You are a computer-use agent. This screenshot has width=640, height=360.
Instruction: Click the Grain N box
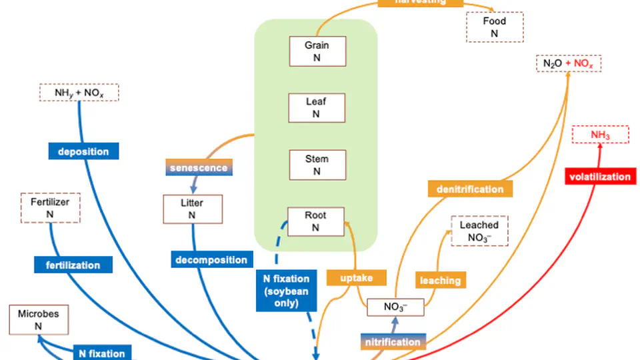[317, 51]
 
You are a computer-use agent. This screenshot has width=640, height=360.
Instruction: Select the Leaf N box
[317, 107]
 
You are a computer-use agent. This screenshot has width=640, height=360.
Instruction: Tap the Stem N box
[317, 165]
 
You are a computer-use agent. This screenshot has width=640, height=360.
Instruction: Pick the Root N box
[316, 221]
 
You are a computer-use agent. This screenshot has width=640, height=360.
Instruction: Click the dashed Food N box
[495, 27]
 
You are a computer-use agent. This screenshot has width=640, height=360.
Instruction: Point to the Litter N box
[192, 209]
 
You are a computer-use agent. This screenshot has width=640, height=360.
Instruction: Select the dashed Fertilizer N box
[50, 207]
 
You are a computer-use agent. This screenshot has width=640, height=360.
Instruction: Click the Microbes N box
[38, 319]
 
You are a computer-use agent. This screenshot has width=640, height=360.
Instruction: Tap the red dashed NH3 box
[600, 135]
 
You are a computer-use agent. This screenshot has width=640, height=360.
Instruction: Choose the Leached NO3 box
[479, 231]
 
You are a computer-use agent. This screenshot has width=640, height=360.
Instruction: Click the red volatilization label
[599, 177]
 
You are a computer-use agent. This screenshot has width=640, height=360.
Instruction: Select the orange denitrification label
[470, 189]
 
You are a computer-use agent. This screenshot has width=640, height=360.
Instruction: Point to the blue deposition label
[83, 151]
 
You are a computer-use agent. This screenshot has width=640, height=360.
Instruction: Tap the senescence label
[199, 167]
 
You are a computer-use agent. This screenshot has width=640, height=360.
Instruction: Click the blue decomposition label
[211, 259]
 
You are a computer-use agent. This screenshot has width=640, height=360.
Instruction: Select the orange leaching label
[440, 281]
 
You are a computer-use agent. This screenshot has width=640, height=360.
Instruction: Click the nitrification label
[393, 342]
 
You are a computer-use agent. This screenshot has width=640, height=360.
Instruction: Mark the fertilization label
[73, 265]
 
